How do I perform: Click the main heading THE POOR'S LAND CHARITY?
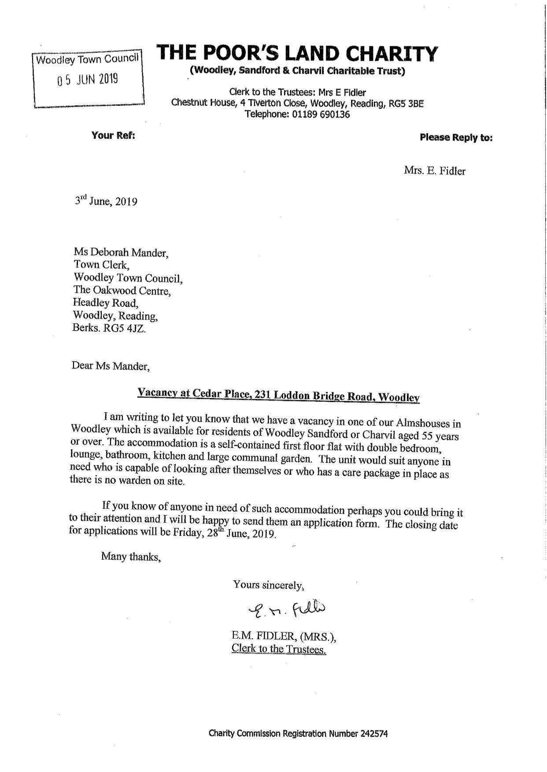click(x=298, y=54)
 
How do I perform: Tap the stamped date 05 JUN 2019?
click(x=88, y=80)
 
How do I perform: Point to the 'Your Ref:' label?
click(x=113, y=135)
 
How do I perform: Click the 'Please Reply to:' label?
click(x=456, y=137)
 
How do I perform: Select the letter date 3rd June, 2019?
click(x=106, y=202)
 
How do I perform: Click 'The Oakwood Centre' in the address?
click(x=122, y=291)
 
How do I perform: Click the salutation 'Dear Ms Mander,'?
click(x=111, y=366)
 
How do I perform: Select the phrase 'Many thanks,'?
click(x=131, y=557)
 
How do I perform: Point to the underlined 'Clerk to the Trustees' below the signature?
click(x=278, y=649)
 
